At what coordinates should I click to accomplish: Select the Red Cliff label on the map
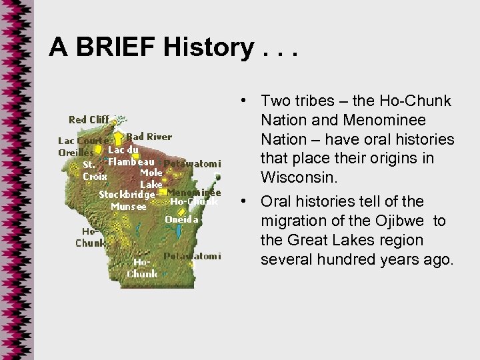(x=89, y=120)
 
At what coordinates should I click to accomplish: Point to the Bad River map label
(x=149, y=137)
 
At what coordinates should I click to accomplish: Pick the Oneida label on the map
(x=181, y=219)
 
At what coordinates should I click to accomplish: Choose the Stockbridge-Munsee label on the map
(x=127, y=199)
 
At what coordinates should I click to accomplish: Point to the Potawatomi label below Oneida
(x=193, y=256)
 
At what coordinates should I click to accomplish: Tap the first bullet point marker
(x=247, y=101)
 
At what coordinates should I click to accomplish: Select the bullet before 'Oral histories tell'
(x=247, y=201)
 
